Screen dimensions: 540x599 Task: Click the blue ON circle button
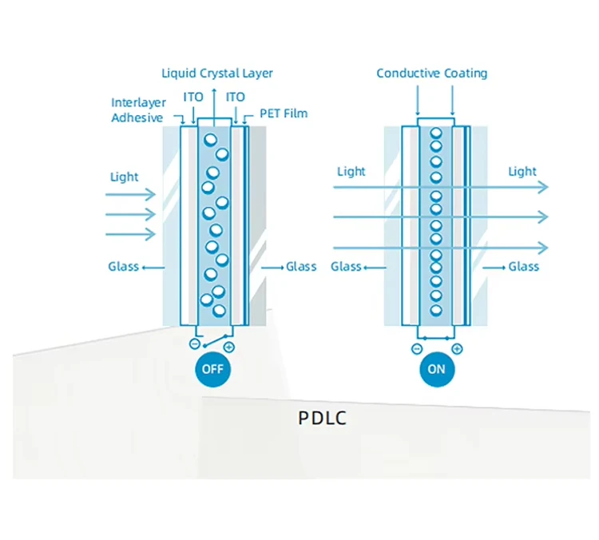click(x=436, y=369)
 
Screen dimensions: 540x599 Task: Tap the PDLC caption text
click(x=322, y=418)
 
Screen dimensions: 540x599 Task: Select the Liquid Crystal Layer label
click(x=217, y=73)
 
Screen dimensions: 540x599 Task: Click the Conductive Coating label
click(x=431, y=73)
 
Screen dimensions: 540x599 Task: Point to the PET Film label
click(x=284, y=113)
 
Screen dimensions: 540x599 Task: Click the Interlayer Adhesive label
click(x=137, y=109)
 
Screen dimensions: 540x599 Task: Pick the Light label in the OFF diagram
click(x=124, y=177)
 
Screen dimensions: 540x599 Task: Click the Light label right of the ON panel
click(x=522, y=171)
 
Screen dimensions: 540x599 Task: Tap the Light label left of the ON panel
click(x=351, y=171)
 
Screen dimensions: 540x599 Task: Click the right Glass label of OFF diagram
click(x=301, y=266)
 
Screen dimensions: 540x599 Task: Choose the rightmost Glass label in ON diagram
click(x=524, y=266)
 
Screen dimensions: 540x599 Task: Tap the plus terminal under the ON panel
click(x=457, y=348)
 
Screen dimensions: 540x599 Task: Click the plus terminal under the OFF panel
click(x=229, y=347)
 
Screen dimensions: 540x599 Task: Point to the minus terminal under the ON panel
click(x=416, y=348)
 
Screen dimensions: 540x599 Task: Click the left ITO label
click(x=193, y=97)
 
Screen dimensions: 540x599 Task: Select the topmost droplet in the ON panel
click(x=436, y=133)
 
